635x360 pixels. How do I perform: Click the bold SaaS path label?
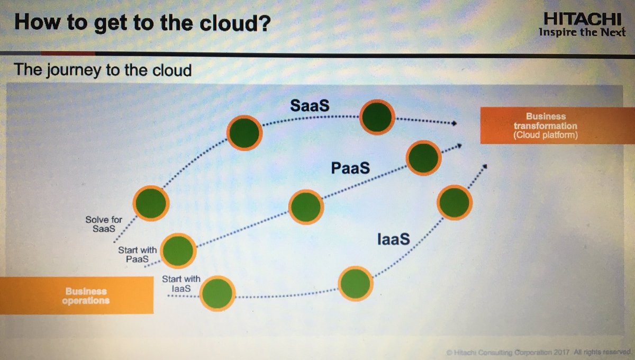tap(310, 105)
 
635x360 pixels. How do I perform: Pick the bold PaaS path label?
tap(350, 168)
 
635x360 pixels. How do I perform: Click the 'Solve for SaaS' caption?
tap(101, 224)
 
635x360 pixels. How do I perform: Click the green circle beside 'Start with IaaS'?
tap(217, 294)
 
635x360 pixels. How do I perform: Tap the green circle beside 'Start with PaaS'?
tap(178, 251)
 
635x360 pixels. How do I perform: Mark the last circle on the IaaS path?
tap(454, 202)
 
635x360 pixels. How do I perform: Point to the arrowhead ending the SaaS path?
tap(453, 123)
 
